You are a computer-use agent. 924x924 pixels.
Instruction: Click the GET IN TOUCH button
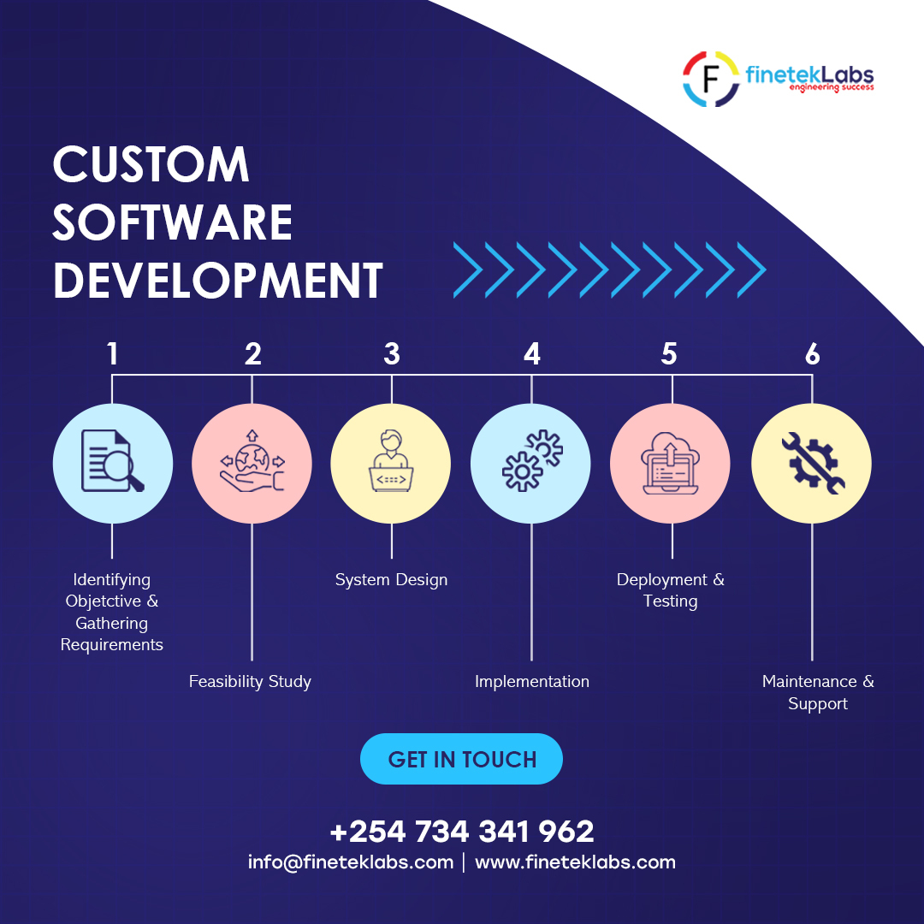[x=461, y=759]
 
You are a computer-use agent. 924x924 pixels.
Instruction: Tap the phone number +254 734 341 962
[x=461, y=831]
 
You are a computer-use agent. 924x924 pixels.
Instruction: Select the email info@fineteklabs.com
[x=351, y=862]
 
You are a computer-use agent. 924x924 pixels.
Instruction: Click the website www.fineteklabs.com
[x=575, y=862]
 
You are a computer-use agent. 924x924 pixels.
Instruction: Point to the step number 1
[x=112, y=353]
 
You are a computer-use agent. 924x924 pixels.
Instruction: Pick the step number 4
[x=532, y=353]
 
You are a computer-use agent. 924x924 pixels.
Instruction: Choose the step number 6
[x=812, y=353]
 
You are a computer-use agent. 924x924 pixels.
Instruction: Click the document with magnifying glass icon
[x=112, y=463]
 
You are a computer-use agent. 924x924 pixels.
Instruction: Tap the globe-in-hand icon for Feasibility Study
[x=252, y=463]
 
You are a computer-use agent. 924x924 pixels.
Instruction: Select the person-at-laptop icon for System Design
[x=391, y=463]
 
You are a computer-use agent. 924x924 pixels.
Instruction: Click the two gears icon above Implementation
[x=531, y=463]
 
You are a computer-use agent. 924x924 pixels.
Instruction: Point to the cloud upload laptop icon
[x=671, y=463]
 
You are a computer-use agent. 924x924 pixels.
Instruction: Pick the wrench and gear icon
[x=811, y=463]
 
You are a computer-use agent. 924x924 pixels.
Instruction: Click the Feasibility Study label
[x=250, y=682]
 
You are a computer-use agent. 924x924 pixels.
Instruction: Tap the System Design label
[x=391, y=580]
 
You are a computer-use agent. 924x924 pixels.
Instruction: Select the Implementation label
[x=532, y=682]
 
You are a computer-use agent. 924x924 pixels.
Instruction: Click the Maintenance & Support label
[x=818, y=692]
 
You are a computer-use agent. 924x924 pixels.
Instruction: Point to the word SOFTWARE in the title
[x=173, y=222]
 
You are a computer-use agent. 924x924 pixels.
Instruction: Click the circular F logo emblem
[x=710, y=79]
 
